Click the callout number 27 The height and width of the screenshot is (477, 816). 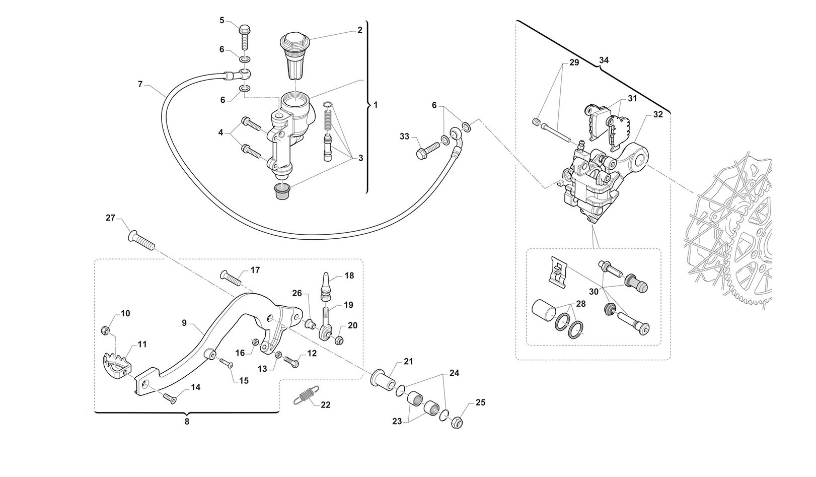pos(110,218)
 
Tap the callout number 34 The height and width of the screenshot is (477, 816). pos(604,60)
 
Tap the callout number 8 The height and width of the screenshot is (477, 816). pos(187,422)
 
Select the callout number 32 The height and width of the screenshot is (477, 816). pos(658,114)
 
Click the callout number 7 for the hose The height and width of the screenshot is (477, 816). pos(140,84)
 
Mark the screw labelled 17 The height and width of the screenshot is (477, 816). pos(231,276)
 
